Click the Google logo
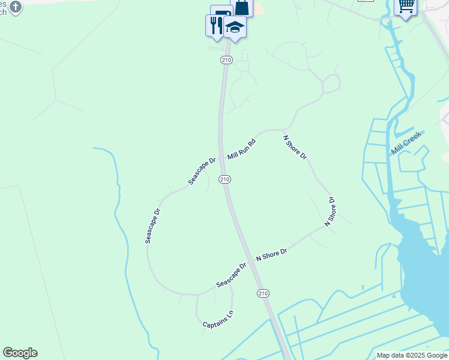pos(20,353)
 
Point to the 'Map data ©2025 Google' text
pos(412,355)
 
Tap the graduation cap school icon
pos(235,27)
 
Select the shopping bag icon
pos(242,7)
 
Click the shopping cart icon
pos(406,6)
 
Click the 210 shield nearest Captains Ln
pos(263,293)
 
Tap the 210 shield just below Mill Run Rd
pos(224,179)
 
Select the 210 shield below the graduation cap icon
pos(226,60)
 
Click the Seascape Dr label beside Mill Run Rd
pos(202,171)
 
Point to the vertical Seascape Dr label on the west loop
pos(153,226)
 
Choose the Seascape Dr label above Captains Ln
pos(232,274)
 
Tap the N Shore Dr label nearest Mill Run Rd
pos(295,147)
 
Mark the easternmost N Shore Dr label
pos(330,211)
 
